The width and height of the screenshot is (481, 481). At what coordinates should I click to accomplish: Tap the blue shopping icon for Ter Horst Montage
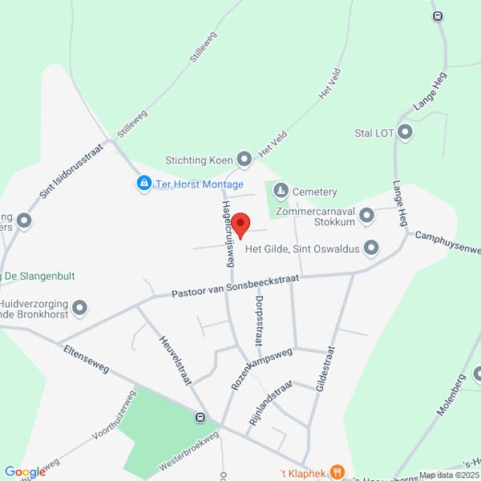click(x=143, y=184)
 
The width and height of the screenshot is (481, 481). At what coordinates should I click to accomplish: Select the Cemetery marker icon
click(x=280, y=191)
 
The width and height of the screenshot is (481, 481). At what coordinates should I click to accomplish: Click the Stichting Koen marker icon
click(x=245, y=159)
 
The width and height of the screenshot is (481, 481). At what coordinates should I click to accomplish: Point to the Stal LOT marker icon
click(x=405, y=131)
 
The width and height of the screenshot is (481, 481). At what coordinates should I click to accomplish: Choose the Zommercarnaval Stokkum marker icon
click(x=367, y=215)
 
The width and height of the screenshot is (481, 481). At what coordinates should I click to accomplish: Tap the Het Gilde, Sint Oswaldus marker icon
click(x=371, y=249)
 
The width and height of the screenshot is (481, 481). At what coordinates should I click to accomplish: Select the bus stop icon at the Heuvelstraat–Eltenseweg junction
click(x=200, y=417)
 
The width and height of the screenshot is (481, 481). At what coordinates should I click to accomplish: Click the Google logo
click(x=25, y=472)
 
